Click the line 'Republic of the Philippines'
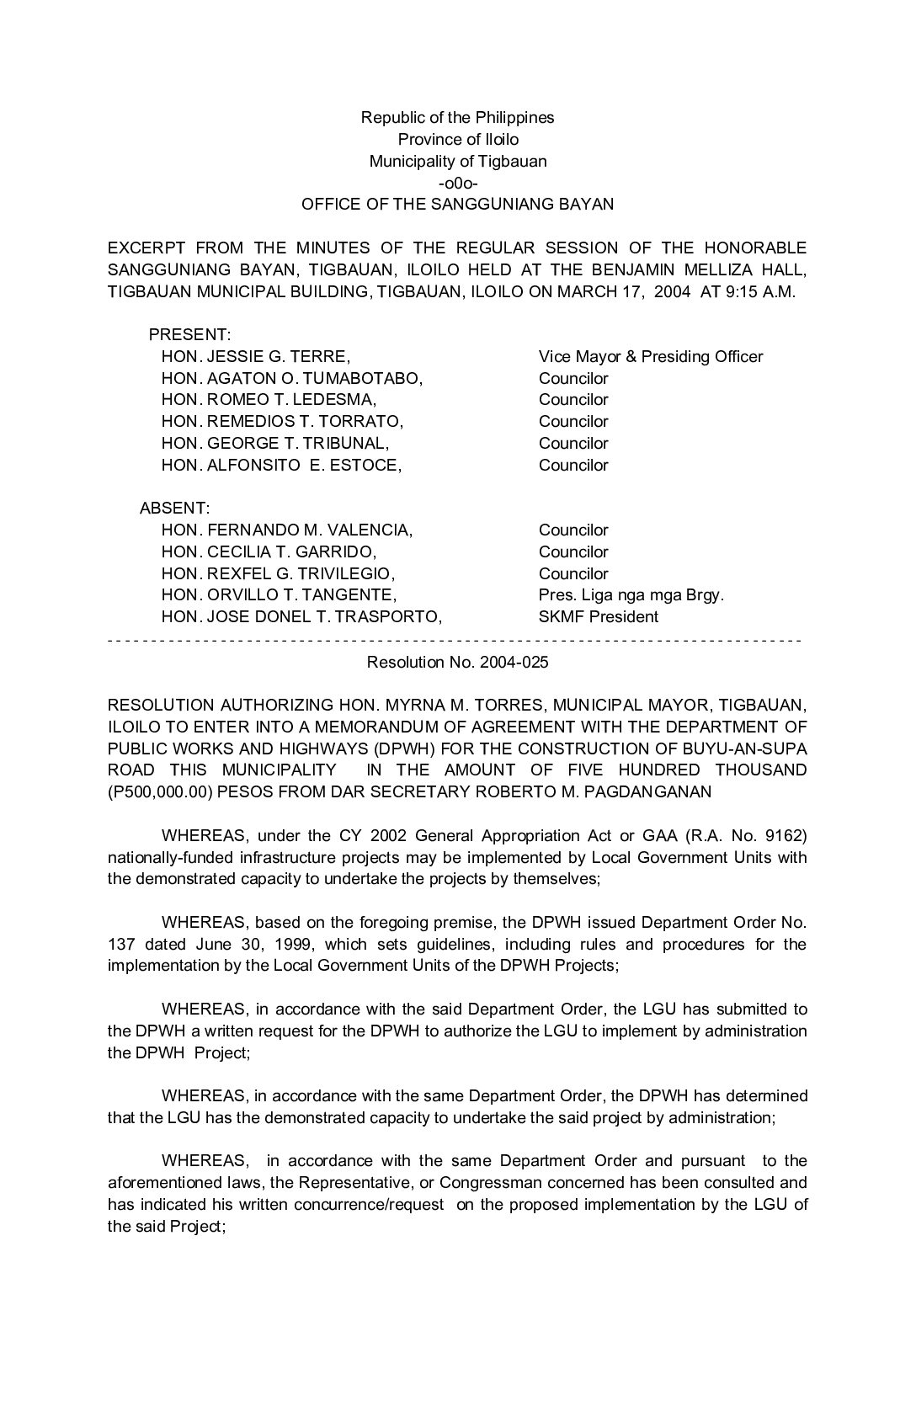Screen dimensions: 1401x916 [457, 118]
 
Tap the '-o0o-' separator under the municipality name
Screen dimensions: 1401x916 [458, 183]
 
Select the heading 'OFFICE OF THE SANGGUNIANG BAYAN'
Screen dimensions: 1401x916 [457, 205]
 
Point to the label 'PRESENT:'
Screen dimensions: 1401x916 [189, 335]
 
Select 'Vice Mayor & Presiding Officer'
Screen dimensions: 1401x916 [651, 357]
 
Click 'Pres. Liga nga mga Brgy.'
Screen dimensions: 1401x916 [631, 595]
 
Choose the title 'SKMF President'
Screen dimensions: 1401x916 [599, 617]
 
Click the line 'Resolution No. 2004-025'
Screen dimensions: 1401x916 [457, 663]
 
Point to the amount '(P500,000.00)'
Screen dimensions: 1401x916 [162, 792]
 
